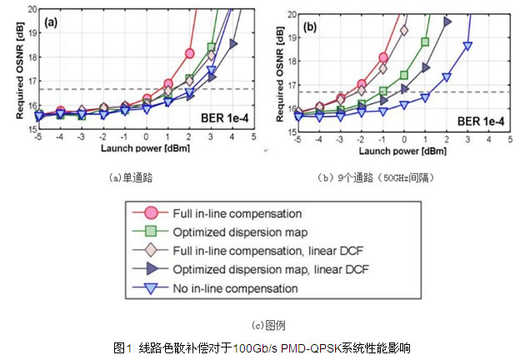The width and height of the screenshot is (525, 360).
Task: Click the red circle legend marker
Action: pos(152,212)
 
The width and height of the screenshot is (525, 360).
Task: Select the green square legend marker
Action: pos(152,232)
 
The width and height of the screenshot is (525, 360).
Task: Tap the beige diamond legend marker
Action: pos(152,251)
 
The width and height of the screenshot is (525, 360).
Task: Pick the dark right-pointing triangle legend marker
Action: pos(152,270)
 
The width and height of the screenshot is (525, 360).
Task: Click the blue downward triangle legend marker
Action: pos(152,288)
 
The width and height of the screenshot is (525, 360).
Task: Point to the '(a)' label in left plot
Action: pos(51,22)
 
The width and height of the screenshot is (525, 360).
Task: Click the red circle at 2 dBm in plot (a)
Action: pos(190,53)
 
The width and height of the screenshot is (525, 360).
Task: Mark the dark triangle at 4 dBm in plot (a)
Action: pos(233,42)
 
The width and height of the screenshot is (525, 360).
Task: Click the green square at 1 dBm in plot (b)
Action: pos(425,42)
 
